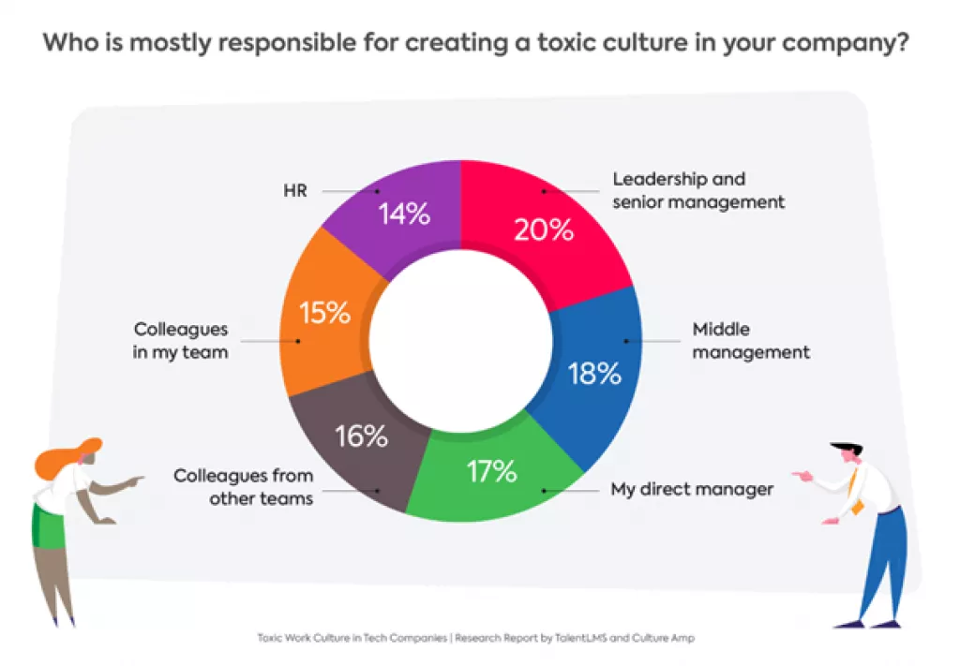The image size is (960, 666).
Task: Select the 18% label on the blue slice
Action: tap(594, 373)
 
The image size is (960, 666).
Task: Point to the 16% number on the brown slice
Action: tap(361, 436)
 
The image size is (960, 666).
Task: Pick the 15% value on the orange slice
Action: tap(323, 312)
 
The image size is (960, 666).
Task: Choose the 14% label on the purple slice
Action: tap(404, 214)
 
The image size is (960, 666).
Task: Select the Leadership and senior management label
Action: tap(698, 189)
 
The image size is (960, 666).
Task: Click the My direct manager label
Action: tap(692, 490)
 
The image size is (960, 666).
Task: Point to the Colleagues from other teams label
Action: tap(244, 487)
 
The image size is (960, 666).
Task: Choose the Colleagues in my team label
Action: tap(180, 341)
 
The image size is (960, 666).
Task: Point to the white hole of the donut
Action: tap(460, 341)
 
